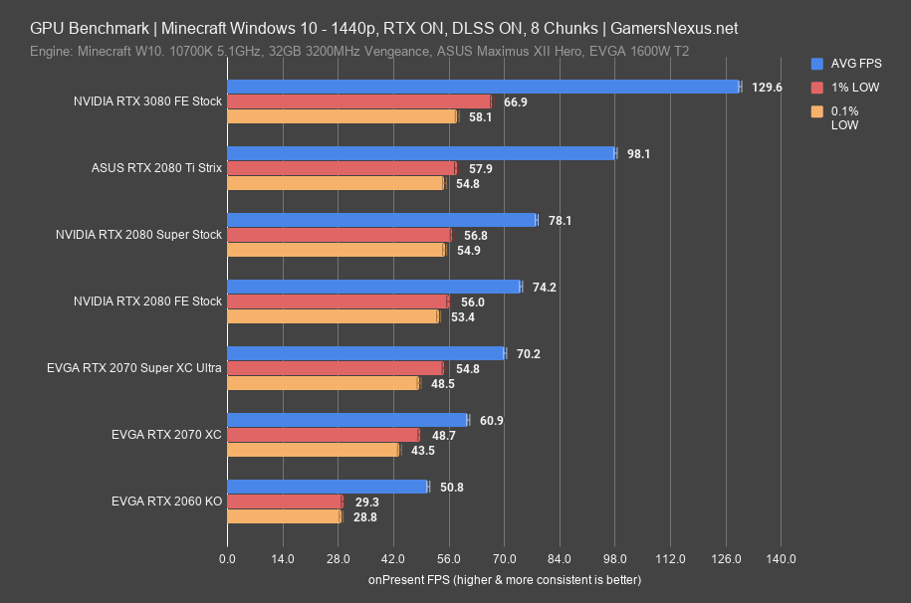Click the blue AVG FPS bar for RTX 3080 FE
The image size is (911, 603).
484,87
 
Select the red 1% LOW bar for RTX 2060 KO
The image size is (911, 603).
285,502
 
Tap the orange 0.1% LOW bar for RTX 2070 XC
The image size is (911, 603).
314,450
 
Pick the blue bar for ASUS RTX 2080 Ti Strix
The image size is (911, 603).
422,153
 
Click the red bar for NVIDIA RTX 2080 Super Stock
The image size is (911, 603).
340,235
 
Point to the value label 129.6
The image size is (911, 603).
767,88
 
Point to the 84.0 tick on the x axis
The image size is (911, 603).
560,558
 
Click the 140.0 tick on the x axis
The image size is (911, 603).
781,558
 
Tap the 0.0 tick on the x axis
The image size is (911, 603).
228,558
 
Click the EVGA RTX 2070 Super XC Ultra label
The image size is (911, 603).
133,368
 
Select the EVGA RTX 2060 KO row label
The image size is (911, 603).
167,502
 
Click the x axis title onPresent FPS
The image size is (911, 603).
505,579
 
